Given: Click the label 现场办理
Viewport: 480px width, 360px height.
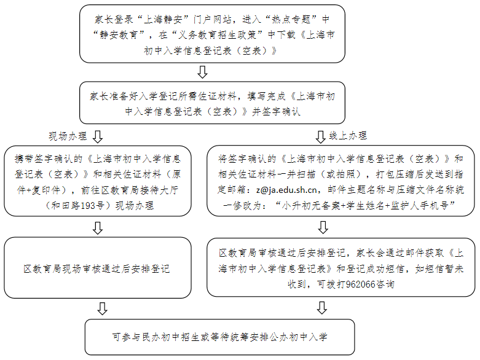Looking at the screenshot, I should [68, 136].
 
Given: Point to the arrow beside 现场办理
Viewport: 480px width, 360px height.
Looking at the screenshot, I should [97, 135].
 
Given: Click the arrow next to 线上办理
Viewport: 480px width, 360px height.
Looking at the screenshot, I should [320, 135].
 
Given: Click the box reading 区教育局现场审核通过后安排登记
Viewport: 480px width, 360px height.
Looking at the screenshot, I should [96, 269].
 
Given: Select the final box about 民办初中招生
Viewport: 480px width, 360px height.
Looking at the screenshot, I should [220, 337].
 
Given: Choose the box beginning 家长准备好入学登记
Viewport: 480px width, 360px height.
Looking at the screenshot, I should [213, 104].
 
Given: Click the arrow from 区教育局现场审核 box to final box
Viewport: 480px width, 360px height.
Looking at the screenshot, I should [97, 308].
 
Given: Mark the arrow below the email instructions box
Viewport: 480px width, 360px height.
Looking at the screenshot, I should [321, 228].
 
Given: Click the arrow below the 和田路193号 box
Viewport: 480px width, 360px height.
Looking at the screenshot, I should [97, 228].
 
